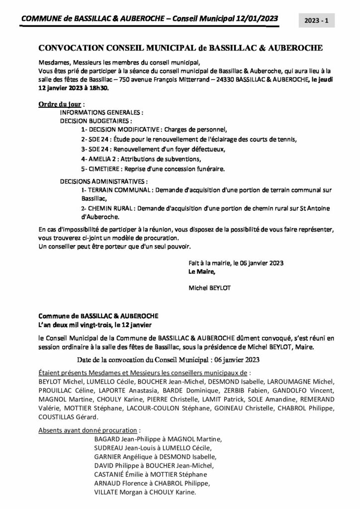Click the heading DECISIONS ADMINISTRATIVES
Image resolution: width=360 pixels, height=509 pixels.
(x=103, y=181)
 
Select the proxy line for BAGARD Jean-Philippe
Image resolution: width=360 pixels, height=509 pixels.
(x=158, y=439)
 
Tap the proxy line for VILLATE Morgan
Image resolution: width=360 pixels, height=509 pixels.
(x=145, y=493)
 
